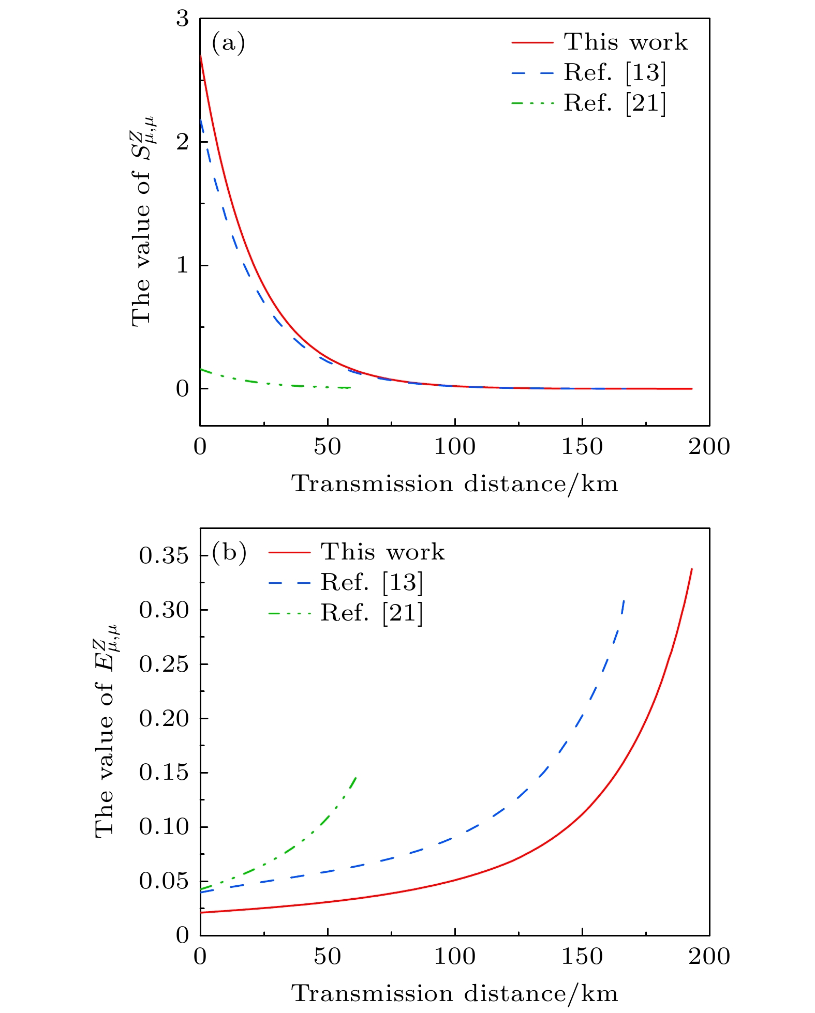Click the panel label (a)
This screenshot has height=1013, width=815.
[x=228, y=43]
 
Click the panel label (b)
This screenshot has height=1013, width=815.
[x=229, y=553]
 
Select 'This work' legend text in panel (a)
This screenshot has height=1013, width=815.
[x=626, y=42]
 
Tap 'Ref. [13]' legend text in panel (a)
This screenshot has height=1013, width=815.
[x=615, y=72]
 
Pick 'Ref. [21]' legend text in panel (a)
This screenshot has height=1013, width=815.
[x=615, y=103]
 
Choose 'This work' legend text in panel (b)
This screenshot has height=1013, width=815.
[x=382, y=552]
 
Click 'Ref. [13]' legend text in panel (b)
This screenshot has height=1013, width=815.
[x=372, y=582]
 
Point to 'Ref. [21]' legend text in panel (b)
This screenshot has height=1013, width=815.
[x=372, y=613]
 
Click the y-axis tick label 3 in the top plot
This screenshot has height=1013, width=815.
[x=182, y=19]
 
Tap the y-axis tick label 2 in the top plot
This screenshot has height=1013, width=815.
[x=182, y=142]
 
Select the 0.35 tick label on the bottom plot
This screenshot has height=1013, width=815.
[x=163, y=556]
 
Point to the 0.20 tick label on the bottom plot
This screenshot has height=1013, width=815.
[x=163, y=718]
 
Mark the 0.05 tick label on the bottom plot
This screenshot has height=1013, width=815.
[x=163, y=881]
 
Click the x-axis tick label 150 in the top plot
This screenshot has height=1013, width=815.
[x=582, y=447]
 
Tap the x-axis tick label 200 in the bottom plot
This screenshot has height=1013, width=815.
[x=709, y=957]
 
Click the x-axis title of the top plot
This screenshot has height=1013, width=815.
[x=455, y=484]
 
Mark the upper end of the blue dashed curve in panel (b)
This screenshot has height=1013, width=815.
[x=624, y=600]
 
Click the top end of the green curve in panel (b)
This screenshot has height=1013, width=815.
[x=356, y=777]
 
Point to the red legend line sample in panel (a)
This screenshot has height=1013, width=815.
[x=532, y=42]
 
